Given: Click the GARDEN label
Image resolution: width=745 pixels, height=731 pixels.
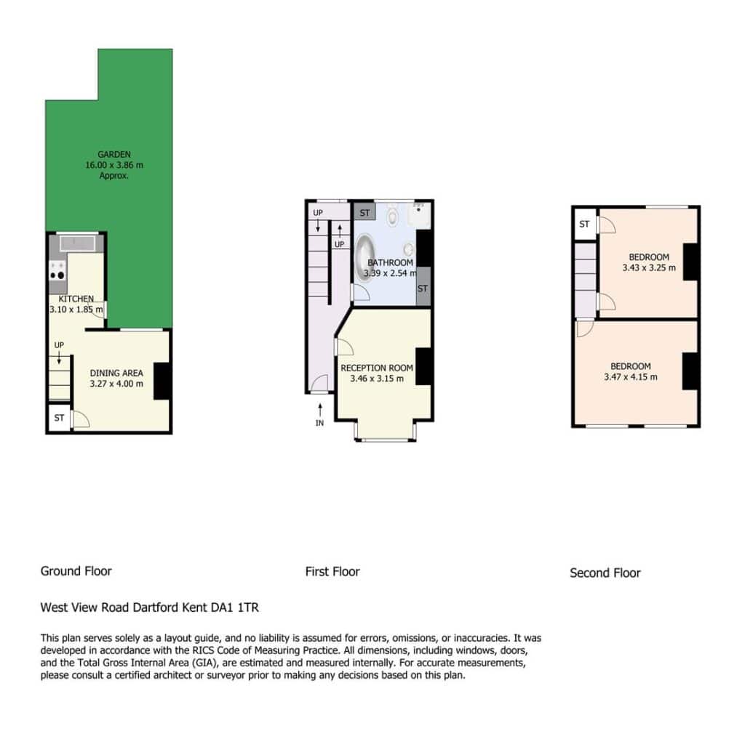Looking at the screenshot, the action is (x=114, y=154).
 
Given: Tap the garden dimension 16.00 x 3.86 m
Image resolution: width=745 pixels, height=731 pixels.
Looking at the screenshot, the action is (x=114, y=165).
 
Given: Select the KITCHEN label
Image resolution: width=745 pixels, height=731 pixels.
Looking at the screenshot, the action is (x=76, y=299).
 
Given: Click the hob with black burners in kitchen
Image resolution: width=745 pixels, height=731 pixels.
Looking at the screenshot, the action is (x=58, y=270).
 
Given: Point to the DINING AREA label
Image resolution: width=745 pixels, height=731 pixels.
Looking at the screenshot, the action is (x=116, y=373).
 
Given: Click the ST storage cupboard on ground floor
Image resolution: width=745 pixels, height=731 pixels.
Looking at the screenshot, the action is (x=59, y=418).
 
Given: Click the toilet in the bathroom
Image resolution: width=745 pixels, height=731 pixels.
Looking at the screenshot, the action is (x=392, y=214).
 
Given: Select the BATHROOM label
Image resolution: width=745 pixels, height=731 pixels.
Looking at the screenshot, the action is (x=391, y=262).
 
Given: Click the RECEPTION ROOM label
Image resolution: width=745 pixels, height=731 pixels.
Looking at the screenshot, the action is (x=377, y=368).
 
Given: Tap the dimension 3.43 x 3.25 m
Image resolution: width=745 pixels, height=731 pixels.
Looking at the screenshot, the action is (x=649, y=267).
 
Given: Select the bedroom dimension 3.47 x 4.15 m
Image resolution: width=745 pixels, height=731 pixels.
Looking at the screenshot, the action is (x=631, y=377).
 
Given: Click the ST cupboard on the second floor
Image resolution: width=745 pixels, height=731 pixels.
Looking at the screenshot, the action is (x=584, y=224).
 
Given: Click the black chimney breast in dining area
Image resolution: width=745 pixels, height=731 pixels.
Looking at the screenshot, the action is (x=162, y=381).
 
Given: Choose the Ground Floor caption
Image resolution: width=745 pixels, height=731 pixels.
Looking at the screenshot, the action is (x=76, y=571).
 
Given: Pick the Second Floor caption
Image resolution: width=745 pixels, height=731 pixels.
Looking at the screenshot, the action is (x=605, y=573).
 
